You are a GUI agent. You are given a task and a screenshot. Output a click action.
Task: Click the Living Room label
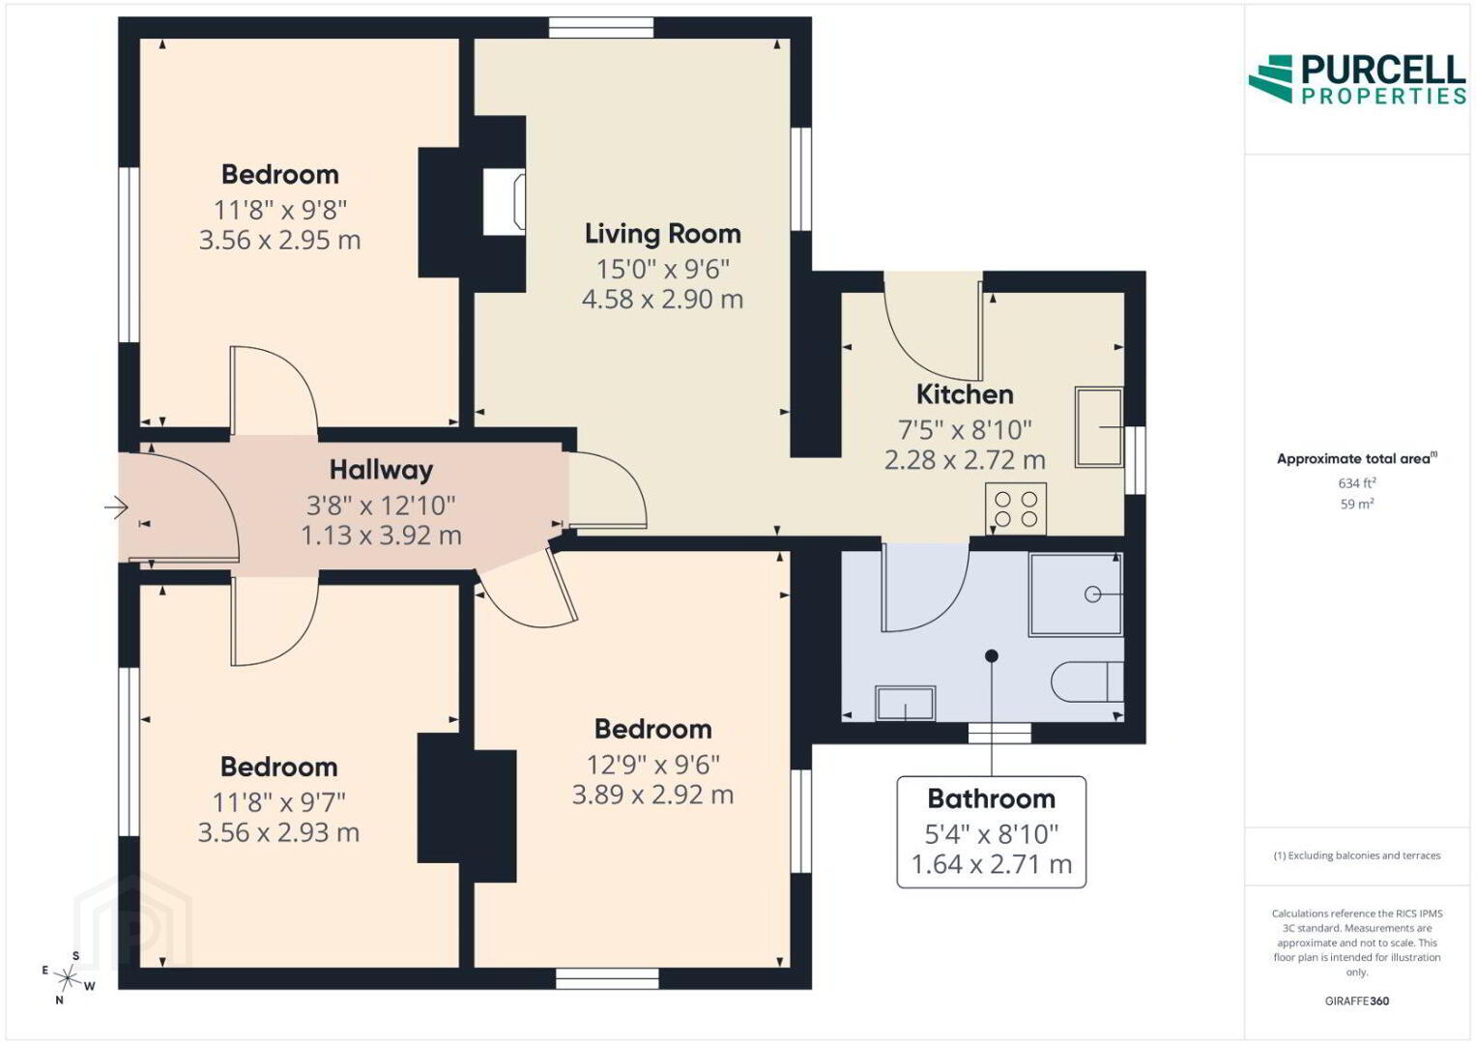[x=663, y=234]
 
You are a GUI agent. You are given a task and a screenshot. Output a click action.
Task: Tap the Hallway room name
[x=381, y=470]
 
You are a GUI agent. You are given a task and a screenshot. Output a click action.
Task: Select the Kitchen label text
[x=965, y=394]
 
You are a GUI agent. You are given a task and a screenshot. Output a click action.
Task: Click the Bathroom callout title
[x=991, y=798]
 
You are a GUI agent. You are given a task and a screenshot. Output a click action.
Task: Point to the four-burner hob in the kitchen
[x=1015, y=509]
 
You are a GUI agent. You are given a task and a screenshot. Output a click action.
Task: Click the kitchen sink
[x=1099, y=427]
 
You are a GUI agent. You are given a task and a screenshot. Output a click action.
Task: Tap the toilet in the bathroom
[x=1087, y=681]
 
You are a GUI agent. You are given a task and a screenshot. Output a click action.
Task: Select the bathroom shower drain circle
[x=1092, y=594]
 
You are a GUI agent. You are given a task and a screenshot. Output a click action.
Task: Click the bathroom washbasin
[x=905, y=704]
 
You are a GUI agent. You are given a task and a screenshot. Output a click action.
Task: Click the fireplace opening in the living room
[x=504, y=202]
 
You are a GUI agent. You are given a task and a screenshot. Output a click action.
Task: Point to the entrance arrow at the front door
[x=116, y=507]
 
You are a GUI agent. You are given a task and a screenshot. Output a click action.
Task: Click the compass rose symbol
[x=67, y=978]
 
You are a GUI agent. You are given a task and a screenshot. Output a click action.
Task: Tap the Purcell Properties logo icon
[x=1270, y=78]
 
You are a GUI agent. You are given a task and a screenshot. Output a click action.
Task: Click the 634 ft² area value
[x=1357, y=483]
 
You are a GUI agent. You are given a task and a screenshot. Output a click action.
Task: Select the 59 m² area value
[x=1357, y=505]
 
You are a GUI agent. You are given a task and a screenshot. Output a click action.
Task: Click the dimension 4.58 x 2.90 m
[x=662, y=300]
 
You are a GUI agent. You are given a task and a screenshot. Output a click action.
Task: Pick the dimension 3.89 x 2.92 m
[x=652, y=795]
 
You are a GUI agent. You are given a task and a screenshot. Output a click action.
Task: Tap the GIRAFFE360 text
[x=1357, y=1001]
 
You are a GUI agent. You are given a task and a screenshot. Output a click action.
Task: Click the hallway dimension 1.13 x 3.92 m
[x=381, y=536]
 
